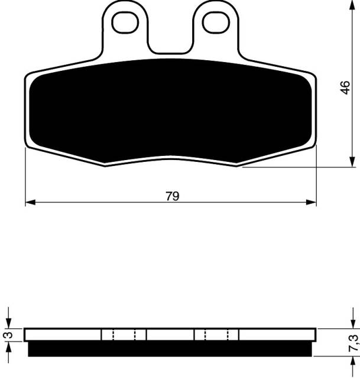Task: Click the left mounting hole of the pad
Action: coord(125,22)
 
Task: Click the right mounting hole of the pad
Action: coord(216,22)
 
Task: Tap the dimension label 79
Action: coord(173,196)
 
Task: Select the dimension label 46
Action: coord(345,87)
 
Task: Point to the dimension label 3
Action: coord(9,335)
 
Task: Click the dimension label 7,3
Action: coord(353,343)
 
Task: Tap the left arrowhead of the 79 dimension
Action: coord(30,202)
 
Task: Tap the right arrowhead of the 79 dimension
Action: coord(311,202)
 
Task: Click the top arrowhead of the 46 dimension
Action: coord(352,5)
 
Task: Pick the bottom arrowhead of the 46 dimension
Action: coord(352,161)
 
